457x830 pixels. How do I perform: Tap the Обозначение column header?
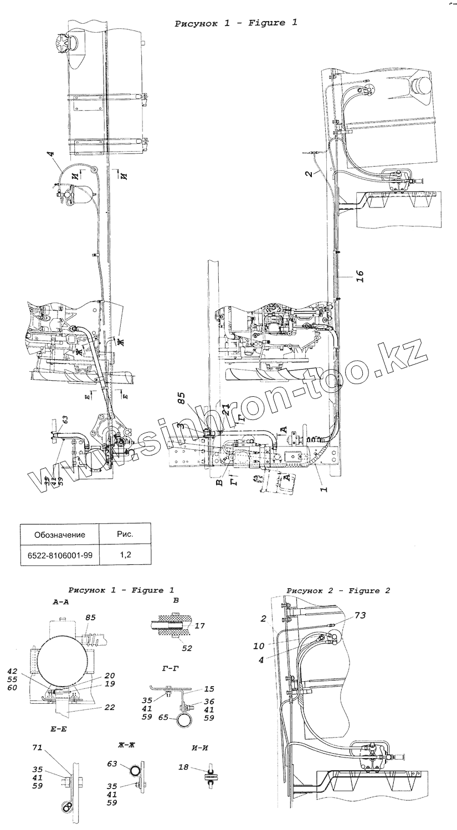[59, 535]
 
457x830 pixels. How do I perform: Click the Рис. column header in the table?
[124, 535]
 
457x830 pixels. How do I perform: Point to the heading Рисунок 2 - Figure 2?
[338, 590]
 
